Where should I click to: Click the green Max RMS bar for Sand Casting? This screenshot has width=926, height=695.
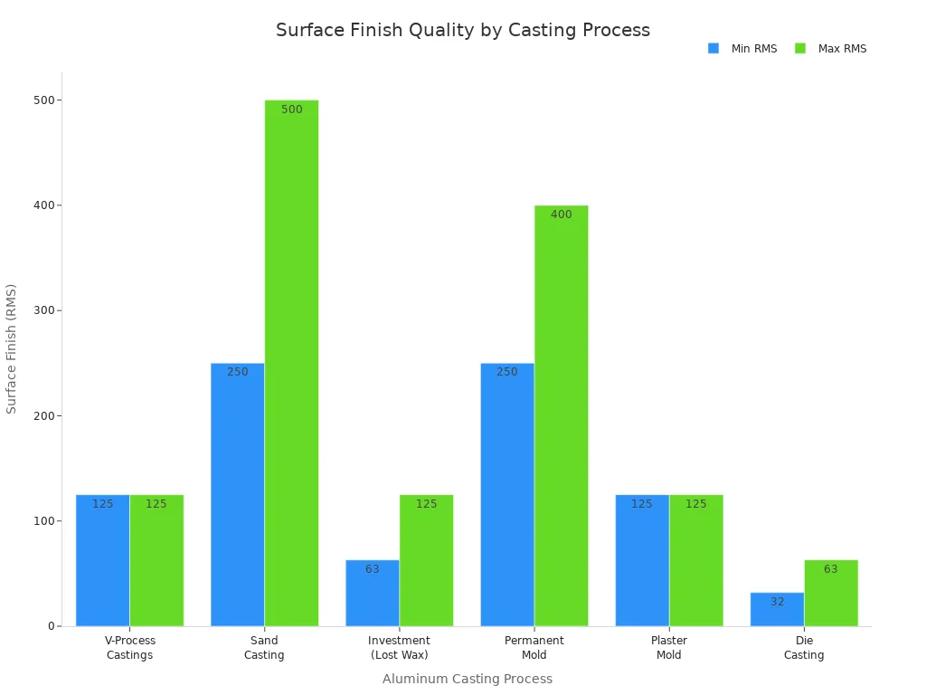coord(291,362)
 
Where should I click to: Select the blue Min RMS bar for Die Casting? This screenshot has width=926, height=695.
coord(777,609)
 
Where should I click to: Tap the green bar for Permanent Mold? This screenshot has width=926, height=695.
coord(561,415)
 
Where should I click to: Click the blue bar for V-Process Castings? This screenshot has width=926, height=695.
coord(102,560)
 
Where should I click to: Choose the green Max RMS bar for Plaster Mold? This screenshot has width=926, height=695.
coord(695,560)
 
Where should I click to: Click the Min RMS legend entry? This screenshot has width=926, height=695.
coord(742,49)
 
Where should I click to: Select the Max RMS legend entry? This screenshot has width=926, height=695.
coord(830,49)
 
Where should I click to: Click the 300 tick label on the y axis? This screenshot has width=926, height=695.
coord(42,310)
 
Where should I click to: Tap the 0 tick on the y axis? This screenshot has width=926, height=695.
coord(52,626)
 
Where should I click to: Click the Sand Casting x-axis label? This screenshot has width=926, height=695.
coord(264,648)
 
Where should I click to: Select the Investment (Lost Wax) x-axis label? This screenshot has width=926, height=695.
coord(399,648)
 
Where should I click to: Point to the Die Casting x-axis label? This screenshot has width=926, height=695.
coord(804,648)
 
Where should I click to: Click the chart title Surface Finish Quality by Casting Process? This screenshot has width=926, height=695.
coord(463,30)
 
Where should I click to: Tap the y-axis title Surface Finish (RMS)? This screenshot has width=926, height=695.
coord(12,348)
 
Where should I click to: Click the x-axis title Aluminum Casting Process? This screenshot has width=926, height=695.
coord(467,679)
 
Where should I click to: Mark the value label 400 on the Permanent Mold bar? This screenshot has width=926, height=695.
coord(562,215)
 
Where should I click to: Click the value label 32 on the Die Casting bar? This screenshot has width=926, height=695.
coord(778,602)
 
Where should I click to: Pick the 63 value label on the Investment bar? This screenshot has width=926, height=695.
coord(373,570)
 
